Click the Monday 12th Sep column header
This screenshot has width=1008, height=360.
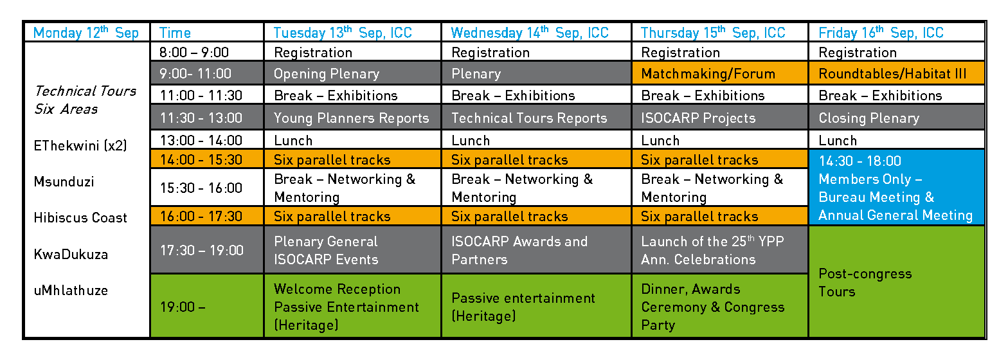87,32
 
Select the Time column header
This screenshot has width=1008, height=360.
207,32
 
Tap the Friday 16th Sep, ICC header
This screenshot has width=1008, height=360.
896,32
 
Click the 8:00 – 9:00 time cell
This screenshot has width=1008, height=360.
207,52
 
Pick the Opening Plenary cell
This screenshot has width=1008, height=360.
352,73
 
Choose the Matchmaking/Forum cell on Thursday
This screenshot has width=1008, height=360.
720,73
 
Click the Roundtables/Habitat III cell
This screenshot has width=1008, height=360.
896,73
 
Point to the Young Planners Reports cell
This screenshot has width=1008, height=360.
352,118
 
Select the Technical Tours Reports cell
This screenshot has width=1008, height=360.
536,118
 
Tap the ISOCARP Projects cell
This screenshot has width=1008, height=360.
720,118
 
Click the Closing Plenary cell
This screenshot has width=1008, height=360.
896,118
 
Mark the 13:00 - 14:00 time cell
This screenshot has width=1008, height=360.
207,140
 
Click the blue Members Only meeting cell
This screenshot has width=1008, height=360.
896,187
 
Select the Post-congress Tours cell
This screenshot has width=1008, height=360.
896,282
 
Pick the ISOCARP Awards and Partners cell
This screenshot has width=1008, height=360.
536,249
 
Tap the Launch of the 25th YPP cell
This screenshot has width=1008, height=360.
720,249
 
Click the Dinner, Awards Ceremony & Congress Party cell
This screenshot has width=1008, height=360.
720,306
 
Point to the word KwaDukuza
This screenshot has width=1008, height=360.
71,255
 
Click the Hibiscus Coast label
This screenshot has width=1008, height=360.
80,217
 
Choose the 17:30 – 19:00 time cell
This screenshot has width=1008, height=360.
207,249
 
